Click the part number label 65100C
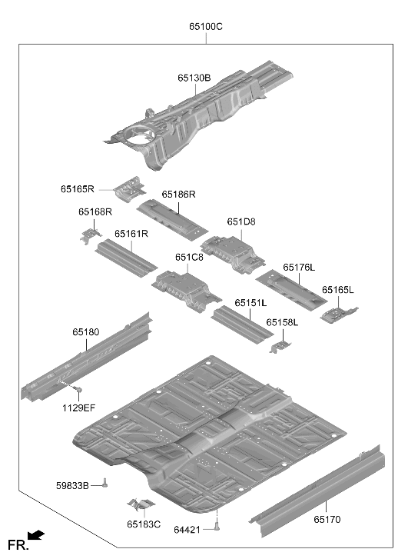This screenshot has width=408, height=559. (206, 27)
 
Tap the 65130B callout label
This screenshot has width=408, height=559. (194, 78)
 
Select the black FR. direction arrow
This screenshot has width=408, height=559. (36, 535)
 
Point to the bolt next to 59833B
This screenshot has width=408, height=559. (104, 483)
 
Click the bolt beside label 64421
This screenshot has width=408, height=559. (217, 526)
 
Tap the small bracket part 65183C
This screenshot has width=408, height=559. (141, 504)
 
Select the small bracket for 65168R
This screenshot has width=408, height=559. (91, 235)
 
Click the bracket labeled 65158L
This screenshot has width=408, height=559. (280, 347)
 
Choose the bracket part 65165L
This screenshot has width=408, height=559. (338, 314)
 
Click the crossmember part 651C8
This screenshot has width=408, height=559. (185, 291)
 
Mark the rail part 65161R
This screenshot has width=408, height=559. (126, 258)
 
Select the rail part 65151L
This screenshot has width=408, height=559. (242, 324)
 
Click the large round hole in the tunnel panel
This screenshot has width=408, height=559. (141, 135)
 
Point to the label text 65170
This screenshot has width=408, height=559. (327, 519)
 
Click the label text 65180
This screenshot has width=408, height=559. (85, 332)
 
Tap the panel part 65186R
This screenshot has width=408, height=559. (172, 220)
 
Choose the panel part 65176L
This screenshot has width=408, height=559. (291, 291)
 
